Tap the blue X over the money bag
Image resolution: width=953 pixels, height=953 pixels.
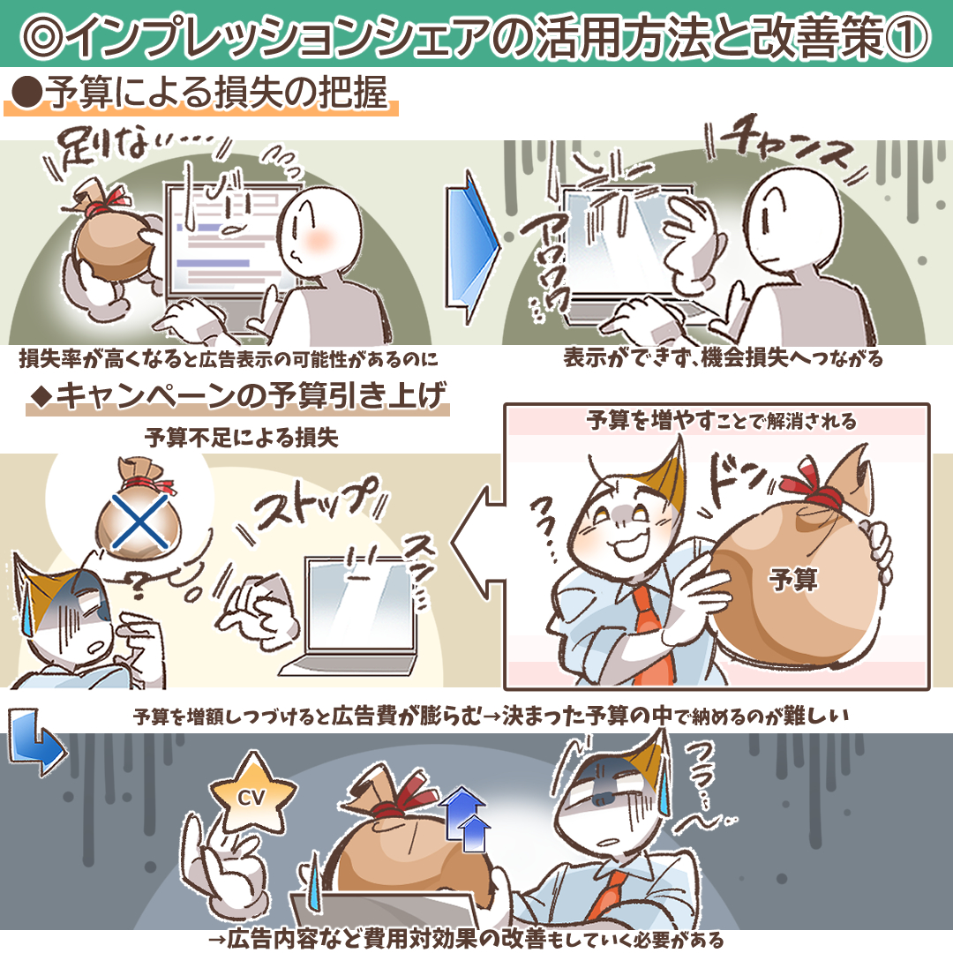tap(140, 522)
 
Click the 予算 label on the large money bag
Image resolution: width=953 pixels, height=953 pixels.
tap(792, 579)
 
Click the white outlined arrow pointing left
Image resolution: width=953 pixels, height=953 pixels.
tap(478, 543)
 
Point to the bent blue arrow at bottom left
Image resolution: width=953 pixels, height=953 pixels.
tap(35, 740)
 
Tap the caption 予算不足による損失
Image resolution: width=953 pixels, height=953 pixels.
tap(241, 438)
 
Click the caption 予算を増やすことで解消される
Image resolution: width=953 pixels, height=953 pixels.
tap(721, 421)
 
